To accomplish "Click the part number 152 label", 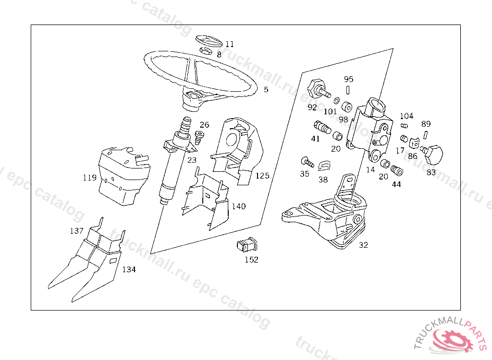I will (x=251, y=260).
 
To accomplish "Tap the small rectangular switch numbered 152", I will (x=246, y=245).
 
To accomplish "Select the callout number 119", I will (x=89, y=178).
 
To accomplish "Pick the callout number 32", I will (x=363, y=245).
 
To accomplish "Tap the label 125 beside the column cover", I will (x=262, y=176).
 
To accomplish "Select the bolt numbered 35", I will (x=307, y=161).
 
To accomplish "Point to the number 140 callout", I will (x=239, y=206).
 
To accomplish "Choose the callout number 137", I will (x=76, y=231).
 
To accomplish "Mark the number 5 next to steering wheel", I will (x=266, y=89).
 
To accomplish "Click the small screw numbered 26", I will (x=199, y=136).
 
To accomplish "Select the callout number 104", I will (x=406, y=116).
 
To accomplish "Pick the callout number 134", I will (x=129, y=269).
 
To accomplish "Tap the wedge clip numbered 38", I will (x=326, y=166).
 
